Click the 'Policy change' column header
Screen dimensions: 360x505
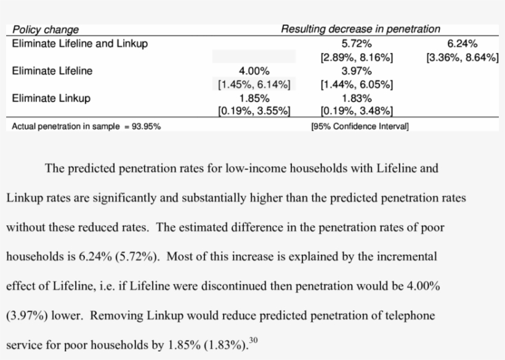point(46,30)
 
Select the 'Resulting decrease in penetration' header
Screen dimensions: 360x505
point(360,29)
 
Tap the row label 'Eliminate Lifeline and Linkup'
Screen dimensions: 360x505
point(80,44)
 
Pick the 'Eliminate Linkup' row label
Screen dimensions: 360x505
point(51,98)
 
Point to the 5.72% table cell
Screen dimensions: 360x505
point(357,44)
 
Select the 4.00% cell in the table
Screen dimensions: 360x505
point(254,71)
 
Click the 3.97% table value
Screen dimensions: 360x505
point(357,71)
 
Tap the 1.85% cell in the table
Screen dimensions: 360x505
point(254,98)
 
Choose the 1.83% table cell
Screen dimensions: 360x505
point(357,98)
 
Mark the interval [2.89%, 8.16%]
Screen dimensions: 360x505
point(357,58)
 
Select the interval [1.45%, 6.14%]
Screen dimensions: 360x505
point(254,85)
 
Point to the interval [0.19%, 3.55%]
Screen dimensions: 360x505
point(254,111)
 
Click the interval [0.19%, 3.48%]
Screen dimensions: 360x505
point(357,111)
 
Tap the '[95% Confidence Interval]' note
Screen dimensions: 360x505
point(360,127)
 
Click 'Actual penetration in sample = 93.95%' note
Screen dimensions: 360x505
point(87,127)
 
